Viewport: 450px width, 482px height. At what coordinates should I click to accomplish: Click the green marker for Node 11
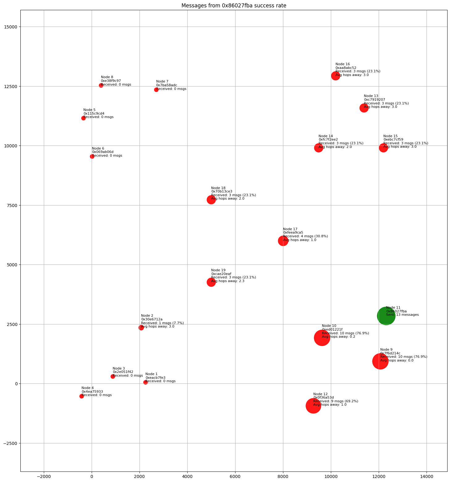pyautogui.click(x=386, y=316)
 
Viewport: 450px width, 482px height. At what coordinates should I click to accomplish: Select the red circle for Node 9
pyautogui.click(x=380, y=361)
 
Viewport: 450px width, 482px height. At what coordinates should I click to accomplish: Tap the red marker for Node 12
pyautogui.click(x=313, y=406)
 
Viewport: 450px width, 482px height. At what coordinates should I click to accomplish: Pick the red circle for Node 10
pyautogui.click(x=322, y=338)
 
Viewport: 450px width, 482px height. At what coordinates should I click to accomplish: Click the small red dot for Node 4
pyautogui.click(x=81, y=396)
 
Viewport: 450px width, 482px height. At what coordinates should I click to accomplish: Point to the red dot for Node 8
pyautogui.click(x=101, y=85)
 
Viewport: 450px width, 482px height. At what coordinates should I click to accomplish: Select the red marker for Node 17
pyautogui.click(x=283, y=241)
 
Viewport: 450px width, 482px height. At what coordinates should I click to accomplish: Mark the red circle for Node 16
pyautogui.click(x=335, y=76)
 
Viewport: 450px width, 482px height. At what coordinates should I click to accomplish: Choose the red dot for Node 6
pyautogui.click(x=92, y=156)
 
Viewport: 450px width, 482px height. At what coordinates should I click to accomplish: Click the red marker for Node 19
pyautogui.click(x=211, y=282)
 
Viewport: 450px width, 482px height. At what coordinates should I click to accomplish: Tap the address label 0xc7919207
pyautogui.click(x=374, y=100)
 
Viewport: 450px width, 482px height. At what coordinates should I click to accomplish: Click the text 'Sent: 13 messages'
pyautogui.click(x=402, y=315)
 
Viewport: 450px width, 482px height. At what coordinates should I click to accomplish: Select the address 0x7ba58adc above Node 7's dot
pyautogui.click(x=167, y=85)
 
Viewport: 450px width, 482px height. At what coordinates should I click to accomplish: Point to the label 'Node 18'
pyautogui.click(x=218, y=188)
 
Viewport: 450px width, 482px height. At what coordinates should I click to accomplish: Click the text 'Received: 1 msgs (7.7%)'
pyautogui.click(x=162, y=323)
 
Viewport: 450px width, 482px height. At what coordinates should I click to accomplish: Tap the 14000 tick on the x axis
pyautogui.click(x=427, y=477)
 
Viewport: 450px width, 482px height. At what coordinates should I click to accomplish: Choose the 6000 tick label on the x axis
pyautogui.click(x=235, y=477)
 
